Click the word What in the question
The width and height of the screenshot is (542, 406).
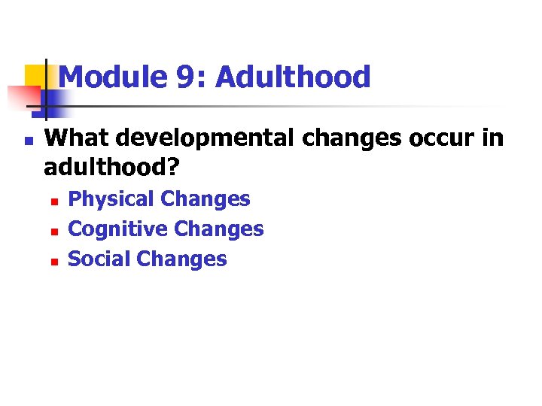(x=75, y=138)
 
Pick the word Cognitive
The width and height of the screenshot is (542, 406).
(x=117, y=229)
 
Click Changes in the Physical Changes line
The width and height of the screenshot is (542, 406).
(x=206, y=200)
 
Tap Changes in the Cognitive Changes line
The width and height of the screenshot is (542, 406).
(x=219, y=229)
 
